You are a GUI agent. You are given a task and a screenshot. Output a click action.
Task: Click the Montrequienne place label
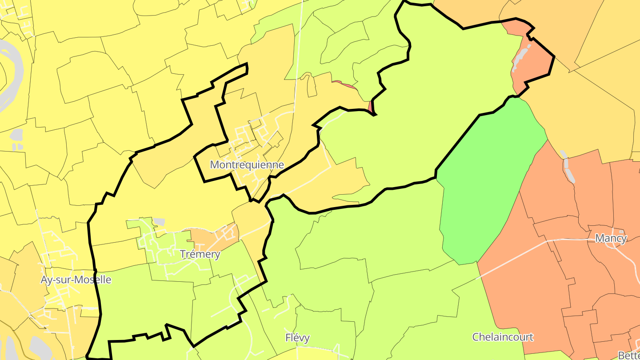(247, 165)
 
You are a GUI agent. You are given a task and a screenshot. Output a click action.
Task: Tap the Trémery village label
(200, 254)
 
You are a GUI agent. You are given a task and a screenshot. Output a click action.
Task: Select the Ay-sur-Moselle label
(76, 280)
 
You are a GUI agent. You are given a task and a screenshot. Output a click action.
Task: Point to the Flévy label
(297, 338)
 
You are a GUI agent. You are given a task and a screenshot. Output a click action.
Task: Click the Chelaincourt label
(503, 337)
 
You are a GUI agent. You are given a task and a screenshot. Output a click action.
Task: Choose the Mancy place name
(611, 238)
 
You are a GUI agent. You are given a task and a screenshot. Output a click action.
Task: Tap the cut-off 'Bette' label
(629, 355)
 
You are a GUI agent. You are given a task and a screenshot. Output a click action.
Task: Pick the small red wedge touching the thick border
(370, 107)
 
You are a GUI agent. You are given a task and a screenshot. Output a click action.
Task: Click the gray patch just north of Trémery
(159, 222)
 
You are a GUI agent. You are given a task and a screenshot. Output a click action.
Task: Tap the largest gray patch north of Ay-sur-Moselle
(16, 134)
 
